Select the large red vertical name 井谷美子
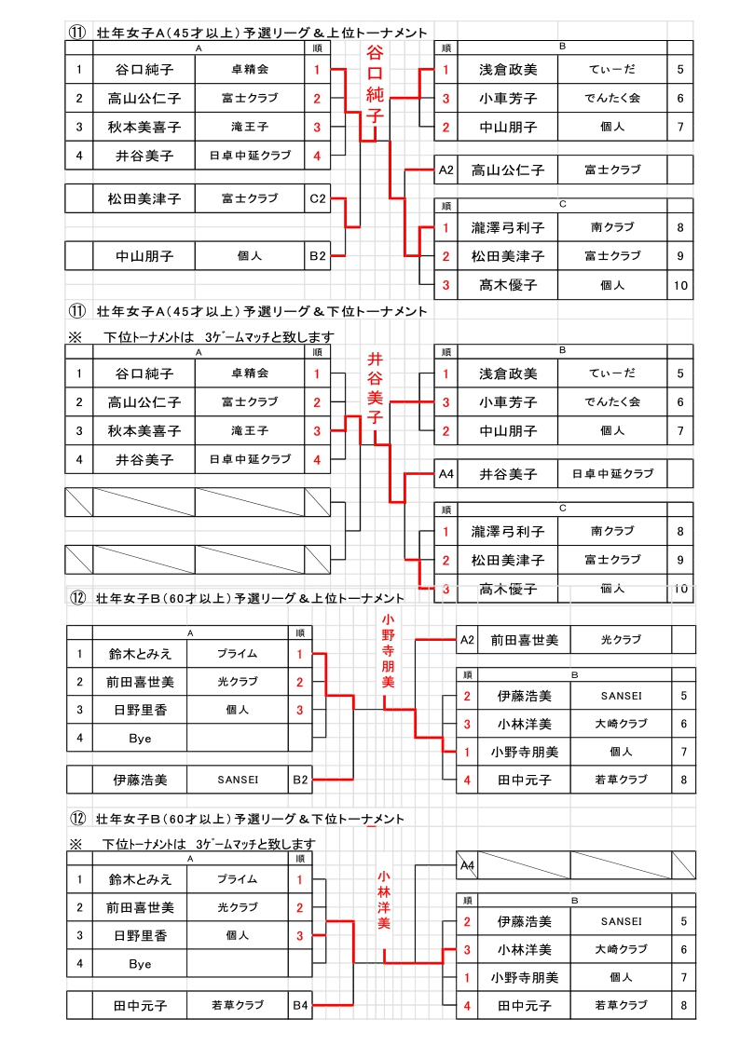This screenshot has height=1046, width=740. [x=375, y=387]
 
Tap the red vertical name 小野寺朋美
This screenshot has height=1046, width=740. [x=388, y=650]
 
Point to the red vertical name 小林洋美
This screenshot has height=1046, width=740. [x=384, y=900]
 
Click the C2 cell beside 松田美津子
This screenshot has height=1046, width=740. [x=318, y=198]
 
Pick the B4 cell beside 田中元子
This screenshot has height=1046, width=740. [x=300, y=1005]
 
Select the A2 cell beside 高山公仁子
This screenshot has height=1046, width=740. [x=446, y=170]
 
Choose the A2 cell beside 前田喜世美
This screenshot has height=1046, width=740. [x=468, y=640]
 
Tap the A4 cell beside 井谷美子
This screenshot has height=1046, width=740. [x=446, y=474]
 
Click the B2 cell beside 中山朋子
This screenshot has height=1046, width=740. [x=318, y=254]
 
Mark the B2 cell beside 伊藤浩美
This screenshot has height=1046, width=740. [x=300, y=779]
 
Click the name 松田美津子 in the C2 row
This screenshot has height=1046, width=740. [x=144, y=198]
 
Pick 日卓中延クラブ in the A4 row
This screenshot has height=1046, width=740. [x=612, y=474]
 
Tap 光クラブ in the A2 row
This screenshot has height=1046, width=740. [x=620, y=640]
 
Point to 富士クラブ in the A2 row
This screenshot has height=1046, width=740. [x=612, y=170]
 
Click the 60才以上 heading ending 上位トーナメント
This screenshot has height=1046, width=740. [x=250, y=598]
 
